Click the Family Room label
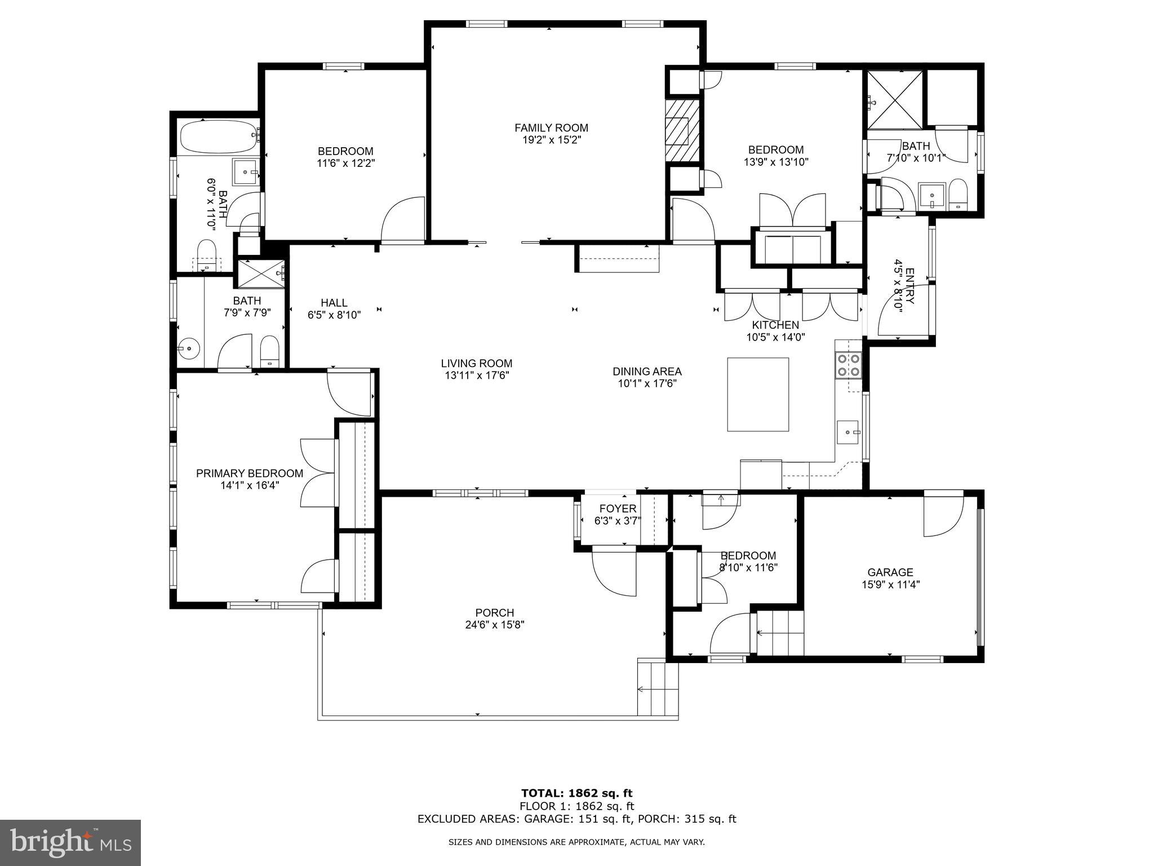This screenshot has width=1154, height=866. point(551,128)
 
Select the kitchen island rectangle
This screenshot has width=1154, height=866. point(758,394)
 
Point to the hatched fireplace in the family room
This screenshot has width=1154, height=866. point(682,131)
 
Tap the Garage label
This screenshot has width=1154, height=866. point(890,572)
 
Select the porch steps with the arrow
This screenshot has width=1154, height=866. point(658,688)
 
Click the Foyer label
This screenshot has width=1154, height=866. point(618,509)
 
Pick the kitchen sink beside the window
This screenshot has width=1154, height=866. point(847,432)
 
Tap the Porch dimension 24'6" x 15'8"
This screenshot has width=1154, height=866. point(495,625)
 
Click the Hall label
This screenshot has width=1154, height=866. point(334,303)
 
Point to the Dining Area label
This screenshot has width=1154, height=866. point(647,372)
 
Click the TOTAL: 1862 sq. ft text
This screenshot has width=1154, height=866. point(576,793)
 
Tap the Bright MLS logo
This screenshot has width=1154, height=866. point(70,842)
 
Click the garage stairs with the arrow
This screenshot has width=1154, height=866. point(779,633)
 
